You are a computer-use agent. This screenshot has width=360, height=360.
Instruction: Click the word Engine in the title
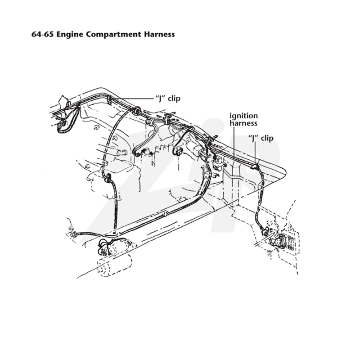tap(70, 35)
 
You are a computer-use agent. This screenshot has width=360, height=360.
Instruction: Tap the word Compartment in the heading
tap(114, 35)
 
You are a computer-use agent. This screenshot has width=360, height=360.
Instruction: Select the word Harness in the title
tap(160, 34)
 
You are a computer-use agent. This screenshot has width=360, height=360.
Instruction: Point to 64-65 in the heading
tap(43, 34)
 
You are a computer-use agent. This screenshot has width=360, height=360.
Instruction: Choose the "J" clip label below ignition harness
tap(261, 138)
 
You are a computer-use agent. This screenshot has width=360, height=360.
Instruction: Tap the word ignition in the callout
tap(243, 116)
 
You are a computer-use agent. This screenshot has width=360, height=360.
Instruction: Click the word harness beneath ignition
tap(243, 123)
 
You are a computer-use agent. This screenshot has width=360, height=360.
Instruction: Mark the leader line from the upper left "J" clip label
tap(133, 99)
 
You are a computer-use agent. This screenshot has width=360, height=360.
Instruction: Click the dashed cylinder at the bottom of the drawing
tap(114, 265)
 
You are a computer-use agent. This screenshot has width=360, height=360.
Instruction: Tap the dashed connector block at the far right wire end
tap(284, 243)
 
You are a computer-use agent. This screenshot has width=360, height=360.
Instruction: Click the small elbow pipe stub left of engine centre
tap(121, 152)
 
